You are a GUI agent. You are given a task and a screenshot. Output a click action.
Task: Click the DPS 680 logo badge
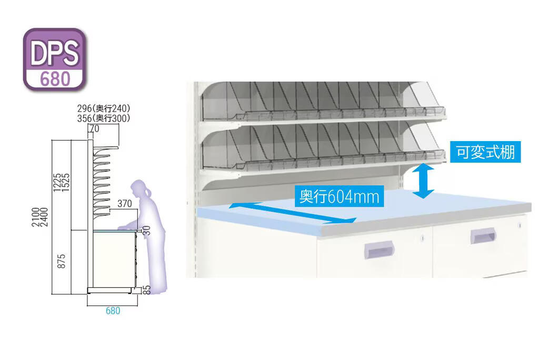tap(55, 59)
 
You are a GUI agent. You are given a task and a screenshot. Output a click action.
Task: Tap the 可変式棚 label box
tap(485, 152)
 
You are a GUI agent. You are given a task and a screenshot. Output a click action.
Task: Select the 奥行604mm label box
tap(340, 196)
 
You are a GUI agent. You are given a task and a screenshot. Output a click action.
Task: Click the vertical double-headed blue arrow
tap(423, 181)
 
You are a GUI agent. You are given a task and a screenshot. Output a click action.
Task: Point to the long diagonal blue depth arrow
tap(293, 213)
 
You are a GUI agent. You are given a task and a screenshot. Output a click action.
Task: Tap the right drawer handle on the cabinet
tap(483, 235)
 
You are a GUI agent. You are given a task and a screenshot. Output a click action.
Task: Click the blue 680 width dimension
tap(113, 311)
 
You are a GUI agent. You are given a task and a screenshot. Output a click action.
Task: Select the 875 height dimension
tap(61, 262)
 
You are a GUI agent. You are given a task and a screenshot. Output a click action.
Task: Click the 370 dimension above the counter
tap(124, 204)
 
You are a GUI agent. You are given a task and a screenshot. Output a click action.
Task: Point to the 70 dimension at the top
tap(95, 128)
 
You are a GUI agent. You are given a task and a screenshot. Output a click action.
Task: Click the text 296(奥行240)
tap(104, 108)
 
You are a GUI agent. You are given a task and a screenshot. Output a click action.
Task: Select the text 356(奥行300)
tap(104, 118)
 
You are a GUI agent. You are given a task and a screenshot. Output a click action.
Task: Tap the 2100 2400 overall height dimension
tap(40, 217)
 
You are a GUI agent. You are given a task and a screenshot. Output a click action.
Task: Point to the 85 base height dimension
tap(146, 290)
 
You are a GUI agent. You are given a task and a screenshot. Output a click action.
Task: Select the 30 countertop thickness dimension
tap(146, 230)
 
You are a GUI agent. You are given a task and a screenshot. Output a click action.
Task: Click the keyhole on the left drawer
tap(423, 238)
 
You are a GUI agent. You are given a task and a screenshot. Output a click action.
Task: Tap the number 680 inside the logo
tap(55, 79)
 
